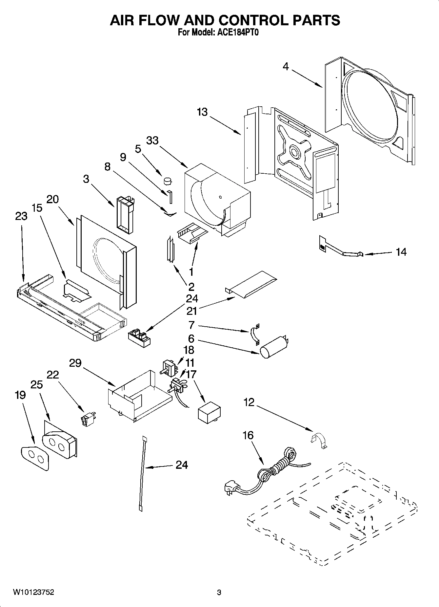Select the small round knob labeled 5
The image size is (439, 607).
pyautogui.click(x=168, y=180)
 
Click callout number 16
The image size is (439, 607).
pyautogui.click(x=248, y=435)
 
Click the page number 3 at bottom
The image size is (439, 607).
pyautogui.click(x=219, y=593)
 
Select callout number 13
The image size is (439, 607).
pyautogui.click(x=202, y=112)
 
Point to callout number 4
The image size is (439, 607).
pyautogui.click(x=286, y=66)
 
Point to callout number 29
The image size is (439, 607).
pyautogui.click(x=75, y=363)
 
